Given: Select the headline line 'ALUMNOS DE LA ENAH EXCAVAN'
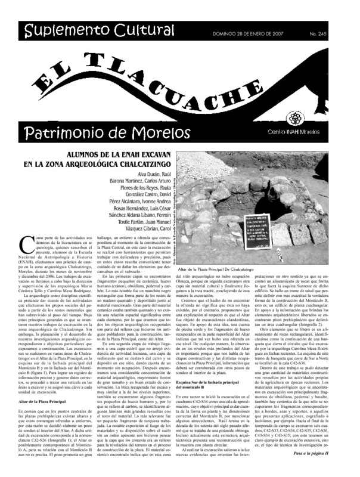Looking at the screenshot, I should tap(107, 153).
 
